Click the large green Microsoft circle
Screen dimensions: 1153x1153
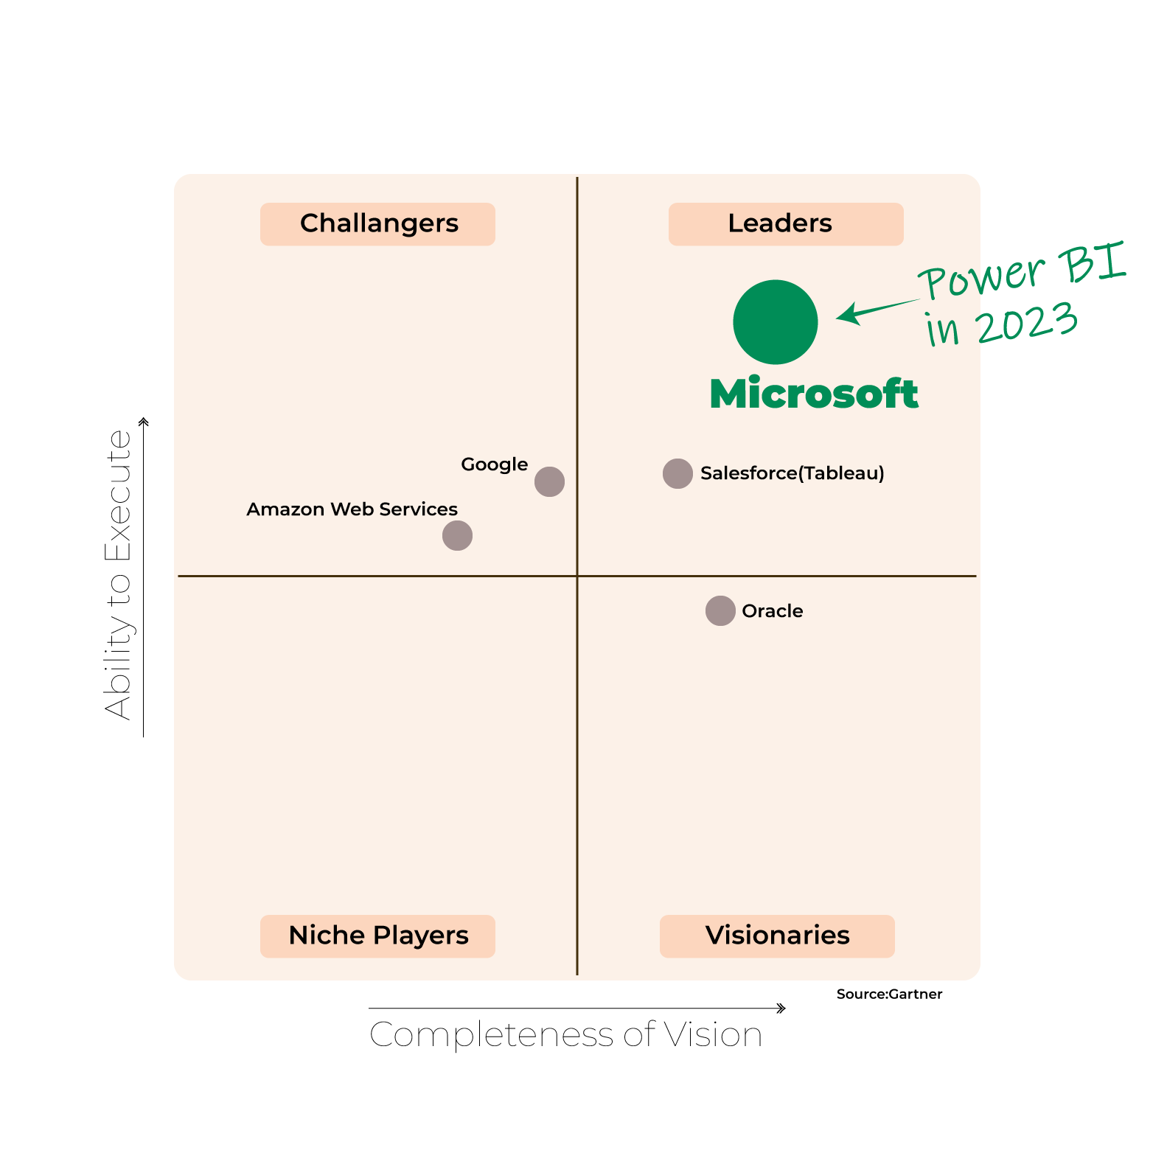tap(776, 322)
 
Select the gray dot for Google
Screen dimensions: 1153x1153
tap(549, 481)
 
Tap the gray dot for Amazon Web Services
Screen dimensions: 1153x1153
tap(457, 535)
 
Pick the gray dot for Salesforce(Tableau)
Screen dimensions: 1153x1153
tap(677, 473)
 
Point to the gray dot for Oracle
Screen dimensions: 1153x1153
tap(720, 610)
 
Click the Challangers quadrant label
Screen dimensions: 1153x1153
tap(377, 224)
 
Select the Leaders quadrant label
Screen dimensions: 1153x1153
tap(786, 224)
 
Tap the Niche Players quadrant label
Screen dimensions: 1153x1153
tap(377, 936)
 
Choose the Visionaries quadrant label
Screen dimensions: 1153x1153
tap(777, 936)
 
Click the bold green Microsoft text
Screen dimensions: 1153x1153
tap(814, 393)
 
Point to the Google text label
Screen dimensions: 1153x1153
tap(494, 465)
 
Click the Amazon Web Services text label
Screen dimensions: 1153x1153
tap(352, 509)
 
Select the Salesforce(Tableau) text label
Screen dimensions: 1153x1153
tap(793, 473)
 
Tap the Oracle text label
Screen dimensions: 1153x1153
tap(773, 611)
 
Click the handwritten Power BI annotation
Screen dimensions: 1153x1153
tap(1023, 271)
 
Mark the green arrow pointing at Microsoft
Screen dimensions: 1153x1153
tap(877, 311)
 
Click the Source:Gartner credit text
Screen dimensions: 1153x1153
tap(889, 994)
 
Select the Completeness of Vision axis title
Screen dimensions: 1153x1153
tap(565, 1034)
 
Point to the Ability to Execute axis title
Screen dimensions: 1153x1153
tap(118, 574)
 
